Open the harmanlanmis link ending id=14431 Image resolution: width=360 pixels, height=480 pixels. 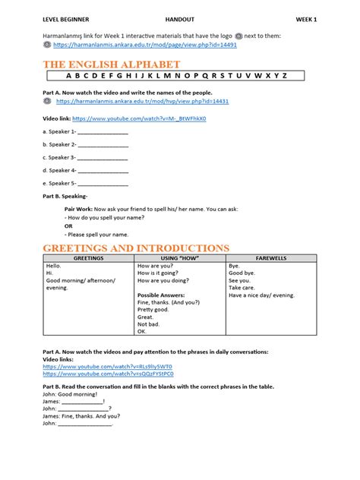coord(142,100)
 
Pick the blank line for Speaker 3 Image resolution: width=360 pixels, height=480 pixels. coord(103,157)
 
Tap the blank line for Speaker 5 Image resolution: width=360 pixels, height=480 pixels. coord(103,183)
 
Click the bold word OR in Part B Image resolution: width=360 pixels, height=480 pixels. coord(69,226)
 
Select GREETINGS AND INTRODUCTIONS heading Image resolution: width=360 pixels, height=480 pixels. coord(135,248)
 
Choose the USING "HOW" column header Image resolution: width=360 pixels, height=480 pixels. coord(180,258)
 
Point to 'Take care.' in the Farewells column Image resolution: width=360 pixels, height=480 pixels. coord(242,289)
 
